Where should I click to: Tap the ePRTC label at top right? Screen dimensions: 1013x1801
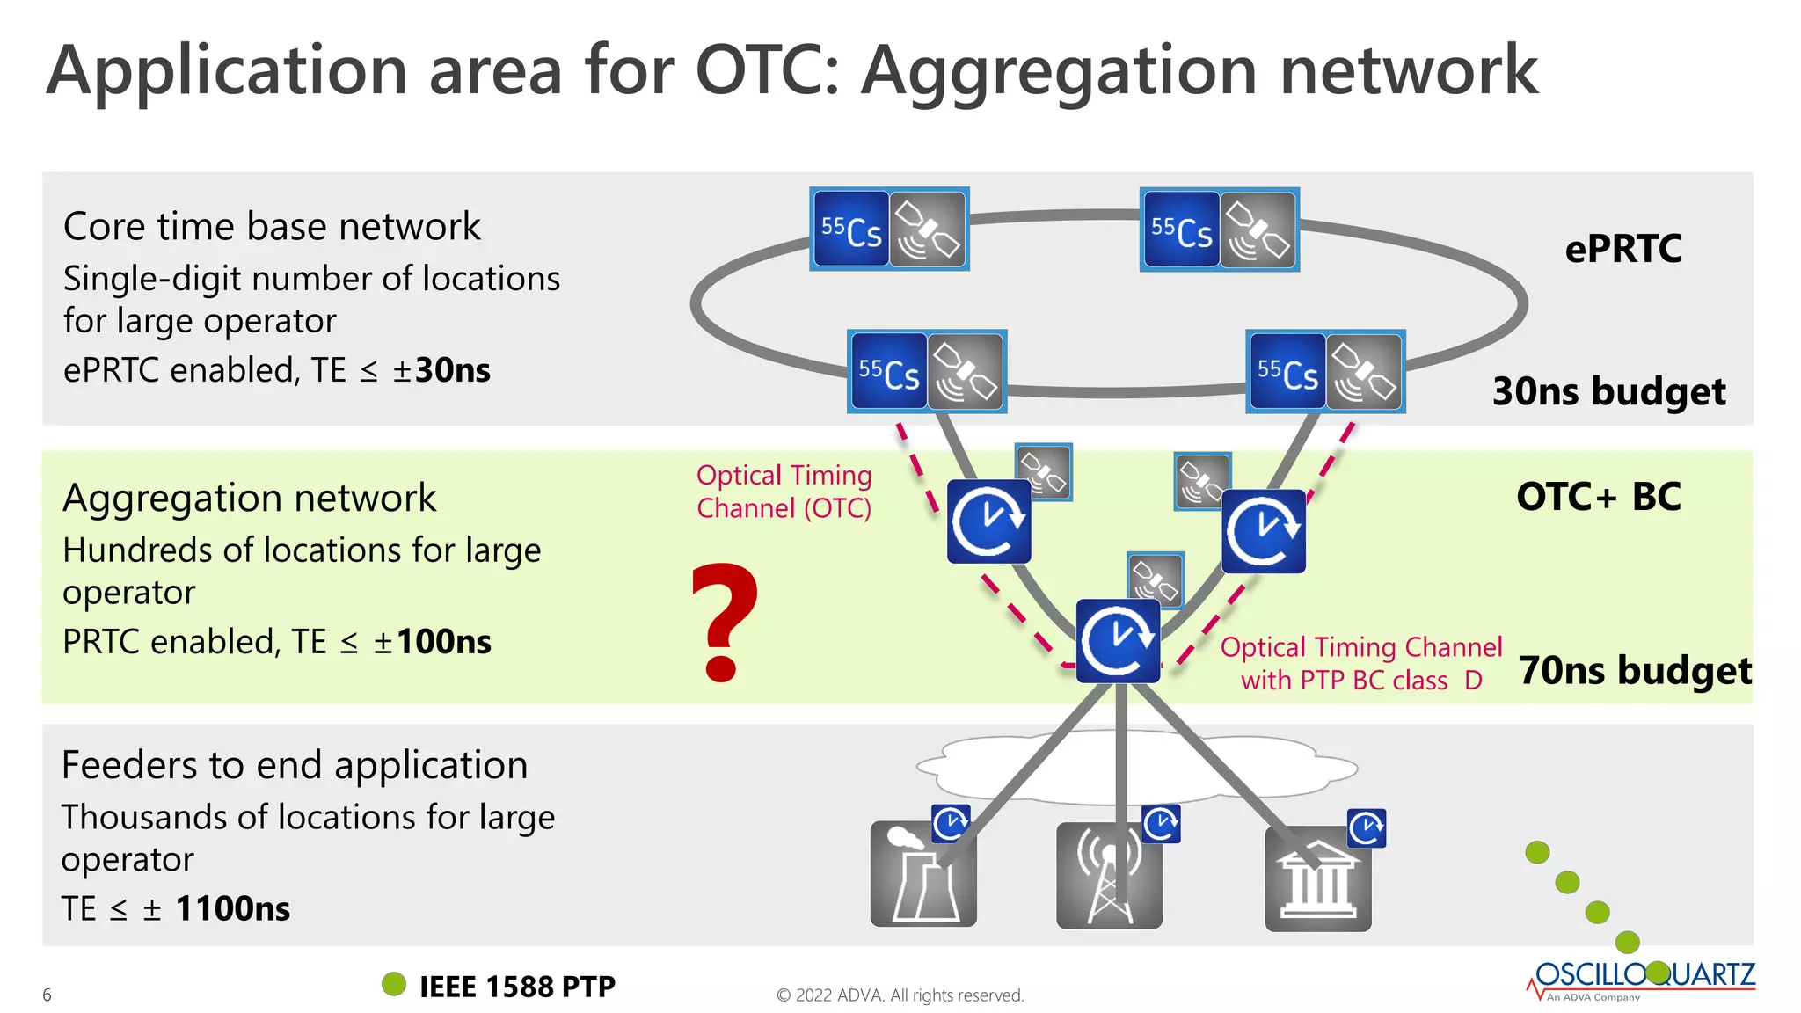tap(1622, 249)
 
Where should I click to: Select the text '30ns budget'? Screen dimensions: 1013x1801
tap(1608, 391)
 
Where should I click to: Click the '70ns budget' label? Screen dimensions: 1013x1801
tap(1634, 670)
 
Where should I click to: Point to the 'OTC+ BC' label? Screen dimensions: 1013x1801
tap(1598, 497)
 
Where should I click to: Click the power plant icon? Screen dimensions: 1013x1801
tap(922, 875)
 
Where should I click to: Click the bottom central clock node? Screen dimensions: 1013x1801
tap(1118, 641)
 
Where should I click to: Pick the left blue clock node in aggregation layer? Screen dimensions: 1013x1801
tap(988, 521)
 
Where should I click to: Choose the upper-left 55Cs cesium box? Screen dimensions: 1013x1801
tap(850, 230)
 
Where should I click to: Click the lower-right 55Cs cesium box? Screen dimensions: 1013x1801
tap(1287, 372)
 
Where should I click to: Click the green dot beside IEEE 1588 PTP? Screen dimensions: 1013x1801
tap(394, 984)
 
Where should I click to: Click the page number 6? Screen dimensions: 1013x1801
tap(47, 995)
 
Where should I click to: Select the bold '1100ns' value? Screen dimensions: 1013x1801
tap(232, 908)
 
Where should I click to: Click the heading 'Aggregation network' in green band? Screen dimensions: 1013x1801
tap(249, 498)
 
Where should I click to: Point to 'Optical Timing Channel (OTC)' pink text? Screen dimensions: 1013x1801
tap(784, 492)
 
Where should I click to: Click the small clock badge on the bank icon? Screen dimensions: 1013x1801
tap(1366, 828)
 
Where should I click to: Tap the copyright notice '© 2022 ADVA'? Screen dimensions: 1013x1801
tap(900, 995)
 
